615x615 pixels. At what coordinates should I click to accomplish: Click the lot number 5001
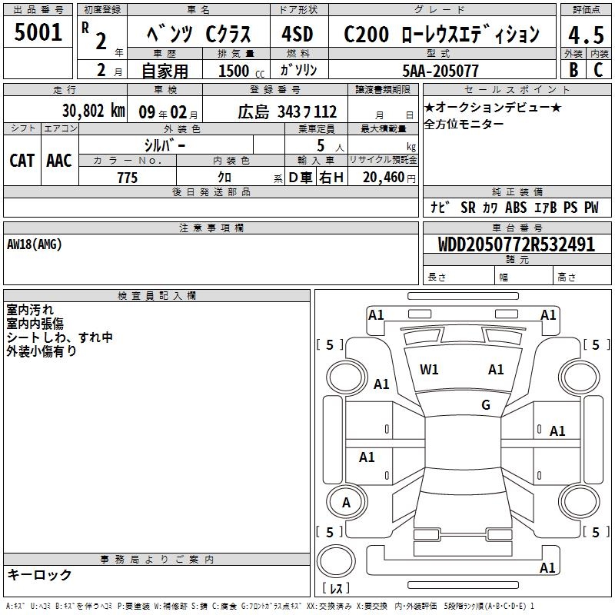click(x=38, y=32)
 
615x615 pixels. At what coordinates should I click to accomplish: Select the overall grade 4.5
click(x=586, y=35)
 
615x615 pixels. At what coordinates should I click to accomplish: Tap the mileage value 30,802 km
click(x=93, y=111)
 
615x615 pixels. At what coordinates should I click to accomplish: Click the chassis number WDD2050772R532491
click(x=517, y=244)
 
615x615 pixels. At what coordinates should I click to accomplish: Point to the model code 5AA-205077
click(x=440, y=71)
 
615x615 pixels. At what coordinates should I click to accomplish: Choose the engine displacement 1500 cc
click(x=241, y=71)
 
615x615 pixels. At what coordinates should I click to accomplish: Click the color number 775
click(x=128, y=178)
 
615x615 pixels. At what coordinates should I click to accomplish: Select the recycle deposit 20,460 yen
click(x=389, y=178)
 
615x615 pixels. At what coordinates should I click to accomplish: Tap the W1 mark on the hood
click(x=429, y=369)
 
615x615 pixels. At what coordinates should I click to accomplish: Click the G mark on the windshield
click(x=486, y=404)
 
